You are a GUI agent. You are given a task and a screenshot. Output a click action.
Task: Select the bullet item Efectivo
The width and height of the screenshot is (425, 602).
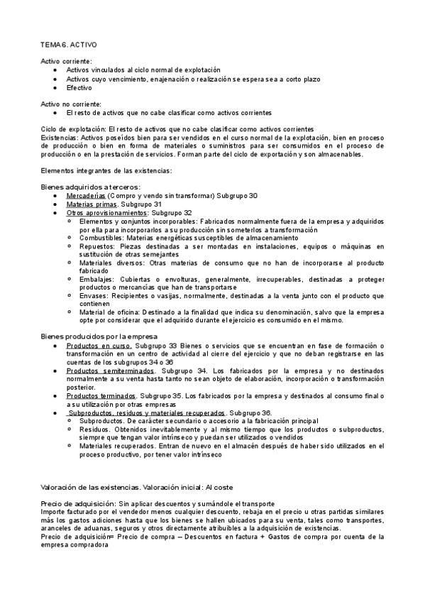pos(79,88)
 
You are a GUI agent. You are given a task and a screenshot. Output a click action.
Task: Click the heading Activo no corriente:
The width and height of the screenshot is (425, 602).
pos(71,104)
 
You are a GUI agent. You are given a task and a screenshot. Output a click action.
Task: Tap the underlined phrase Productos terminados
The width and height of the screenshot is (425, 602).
pos(101,395)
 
